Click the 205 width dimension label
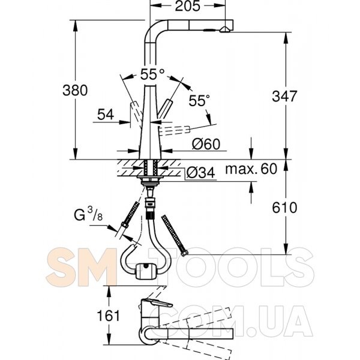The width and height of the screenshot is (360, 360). pyautogui.click(x=187, y=6)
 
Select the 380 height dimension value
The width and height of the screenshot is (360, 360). pyautogui.click(x=75, y=90)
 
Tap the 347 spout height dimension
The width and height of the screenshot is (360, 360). pyautogui.click(x=284, y=96)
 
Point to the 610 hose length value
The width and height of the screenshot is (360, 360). pyautogui.click(x=284, y=208)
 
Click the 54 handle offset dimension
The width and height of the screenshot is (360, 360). pyautogui.click(x=106, y=115)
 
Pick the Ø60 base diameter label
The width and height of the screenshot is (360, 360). pyautogui.click(x=206, y=144)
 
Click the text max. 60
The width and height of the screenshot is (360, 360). pyautogui.click(x=251, y=169)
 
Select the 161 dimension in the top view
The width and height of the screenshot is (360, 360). pyautogui.click(x=109, y=316)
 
